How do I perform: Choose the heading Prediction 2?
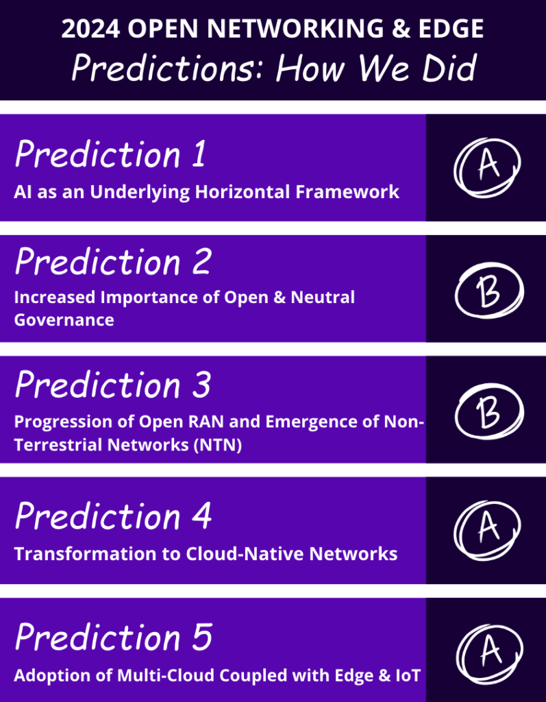click(112, 262)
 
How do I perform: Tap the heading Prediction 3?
click(112, 385)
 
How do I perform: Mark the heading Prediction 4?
click(113, 516)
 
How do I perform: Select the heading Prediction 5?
click(113, 638)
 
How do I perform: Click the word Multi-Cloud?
click(169, 675)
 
